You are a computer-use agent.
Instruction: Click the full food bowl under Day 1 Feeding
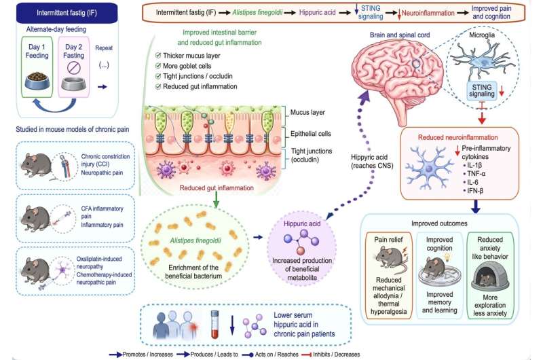pyautogui.click(x=37, y=81)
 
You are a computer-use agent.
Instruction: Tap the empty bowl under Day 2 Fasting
pyautogui.click(x=74, y=84)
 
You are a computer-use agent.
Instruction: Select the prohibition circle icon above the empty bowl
pyautogui.click(x=73, y=67)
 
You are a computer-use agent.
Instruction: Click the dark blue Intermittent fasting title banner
pyautogui.click(x=67, y=13)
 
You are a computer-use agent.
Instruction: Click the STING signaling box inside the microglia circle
pyautogui.click(x=481, y=91)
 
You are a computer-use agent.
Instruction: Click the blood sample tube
pyautogui.click(x=215, y=324)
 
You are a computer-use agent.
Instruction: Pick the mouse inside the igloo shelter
pyautogui.click(x=487, y=279)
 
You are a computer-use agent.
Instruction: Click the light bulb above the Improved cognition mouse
pyautogui.click(x=447, y=257)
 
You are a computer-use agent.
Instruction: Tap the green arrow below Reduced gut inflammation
pyautogui.click(x=216, y=200)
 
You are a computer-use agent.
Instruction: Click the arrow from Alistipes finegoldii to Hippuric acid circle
pyautogui.click(x=258, y=237)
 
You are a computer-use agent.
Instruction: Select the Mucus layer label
pyautogui.click(x=307, y=112)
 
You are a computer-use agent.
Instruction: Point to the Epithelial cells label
pyautogui.click(x=311, y=134)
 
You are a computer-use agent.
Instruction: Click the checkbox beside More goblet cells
pyautogui.click(x=158, y=66)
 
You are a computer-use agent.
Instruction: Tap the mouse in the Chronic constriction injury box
pyautogui.click(x=36, y=165)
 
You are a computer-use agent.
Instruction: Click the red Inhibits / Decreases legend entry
pyautogui.click(x=331, y=355)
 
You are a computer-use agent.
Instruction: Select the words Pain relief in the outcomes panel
pyautogui.click(x=388, y=239)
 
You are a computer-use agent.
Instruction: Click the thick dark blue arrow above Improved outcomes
pyautogui.click(x=476, y=206)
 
